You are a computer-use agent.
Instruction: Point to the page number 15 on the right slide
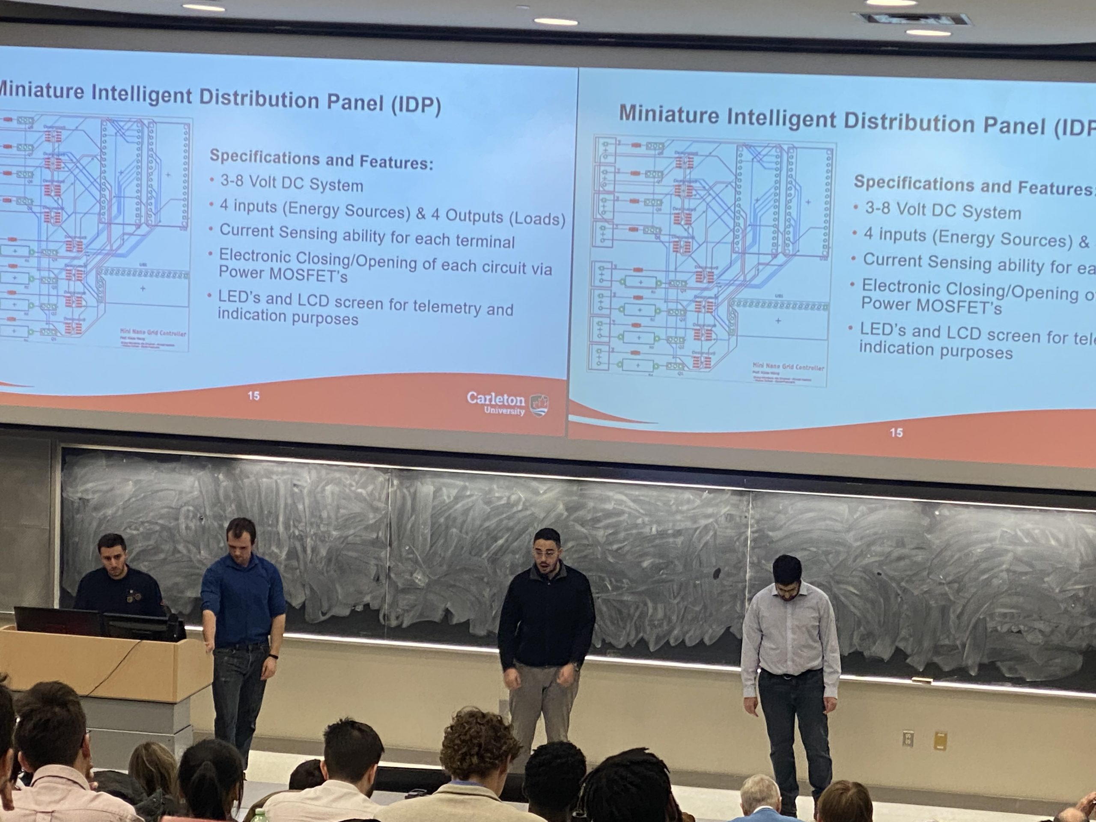point(896,432)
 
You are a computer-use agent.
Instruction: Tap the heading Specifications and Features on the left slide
point(321,159)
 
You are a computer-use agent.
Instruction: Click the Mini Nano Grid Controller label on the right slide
point(788,368)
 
